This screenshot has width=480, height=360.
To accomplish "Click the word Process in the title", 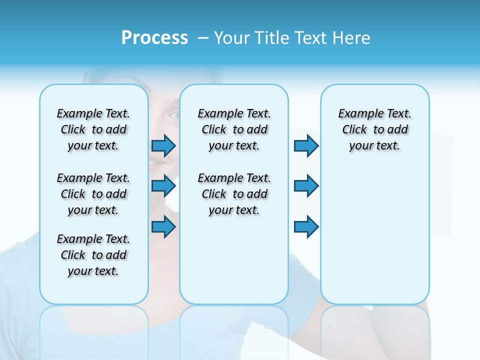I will click(x=154, y=38).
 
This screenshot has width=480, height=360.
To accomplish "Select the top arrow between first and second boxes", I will click(x=163, y=145).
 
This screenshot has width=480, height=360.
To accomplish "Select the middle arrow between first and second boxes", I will click(x=163, y=186).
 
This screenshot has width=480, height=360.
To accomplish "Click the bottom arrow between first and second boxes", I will click(x=163, y=226).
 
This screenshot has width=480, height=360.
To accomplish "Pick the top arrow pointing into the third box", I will click(x=306, y=145).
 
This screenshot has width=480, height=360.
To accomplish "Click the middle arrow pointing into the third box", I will click(x=306, y=186).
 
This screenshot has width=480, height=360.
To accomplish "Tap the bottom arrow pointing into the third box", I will click(x=306, y=226).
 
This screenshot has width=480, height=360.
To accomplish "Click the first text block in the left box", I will click(x=93, y=129).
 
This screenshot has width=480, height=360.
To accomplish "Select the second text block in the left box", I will click(x=93, y=194).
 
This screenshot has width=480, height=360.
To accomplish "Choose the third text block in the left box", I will click(x=93, y=255).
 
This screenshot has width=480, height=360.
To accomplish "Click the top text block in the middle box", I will click(x=234, y=129).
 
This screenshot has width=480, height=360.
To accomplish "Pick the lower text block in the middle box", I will click(x=234, y=194).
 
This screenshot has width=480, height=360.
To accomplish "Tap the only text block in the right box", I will click(x=374, y=129).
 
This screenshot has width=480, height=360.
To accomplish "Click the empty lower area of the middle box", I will click(x=234, y=260).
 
